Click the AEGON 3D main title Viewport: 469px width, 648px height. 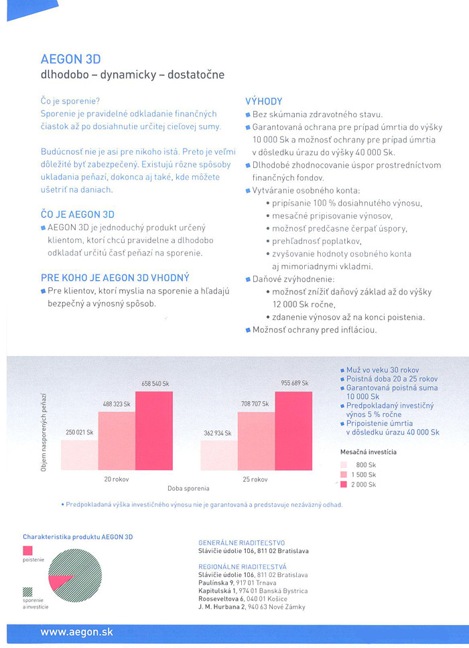click(70, 59)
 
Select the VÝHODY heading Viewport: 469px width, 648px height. click(264, 101)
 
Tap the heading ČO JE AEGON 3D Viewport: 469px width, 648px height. click(78, 214)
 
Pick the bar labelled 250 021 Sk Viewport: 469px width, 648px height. click(80, 455)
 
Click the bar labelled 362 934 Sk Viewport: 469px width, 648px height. click(219, 455)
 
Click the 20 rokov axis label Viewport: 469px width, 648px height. click(117, 479)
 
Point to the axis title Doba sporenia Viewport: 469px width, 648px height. click(188, 489)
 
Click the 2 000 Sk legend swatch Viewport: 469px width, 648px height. click(344, 484)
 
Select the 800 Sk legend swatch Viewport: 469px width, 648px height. click(344, 464)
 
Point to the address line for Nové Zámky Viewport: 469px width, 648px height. click(252, 607)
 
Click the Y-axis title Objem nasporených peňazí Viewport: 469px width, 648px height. click(44, 435)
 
